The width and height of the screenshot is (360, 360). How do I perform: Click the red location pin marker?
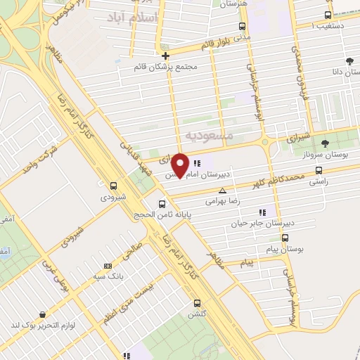(180, 165)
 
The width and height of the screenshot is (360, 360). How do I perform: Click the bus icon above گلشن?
(196, 303)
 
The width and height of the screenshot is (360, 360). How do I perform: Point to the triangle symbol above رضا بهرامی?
(223, 190)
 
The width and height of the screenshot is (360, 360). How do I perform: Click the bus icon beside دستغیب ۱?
(328, 15)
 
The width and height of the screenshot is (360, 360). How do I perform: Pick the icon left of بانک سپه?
(108, 266)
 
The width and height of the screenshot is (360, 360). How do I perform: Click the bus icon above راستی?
(319, 169)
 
